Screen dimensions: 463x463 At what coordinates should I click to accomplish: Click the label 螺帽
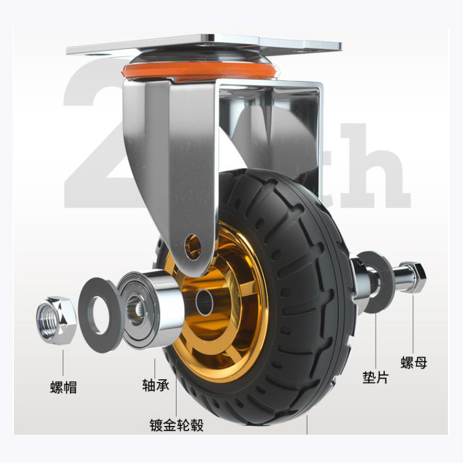click(x=64, y=387)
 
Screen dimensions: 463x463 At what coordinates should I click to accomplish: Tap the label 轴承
click(x=156, y=385)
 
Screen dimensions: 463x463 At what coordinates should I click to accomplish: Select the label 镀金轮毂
click(x=177, y=425)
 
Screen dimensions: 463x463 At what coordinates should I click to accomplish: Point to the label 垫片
click(x=376, y=377)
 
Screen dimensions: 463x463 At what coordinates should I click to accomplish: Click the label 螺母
click(x=414, y=362)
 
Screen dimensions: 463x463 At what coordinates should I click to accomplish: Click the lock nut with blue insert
click(x=56, y=320)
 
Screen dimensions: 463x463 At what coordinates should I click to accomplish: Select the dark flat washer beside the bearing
click(x=100, y=315)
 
